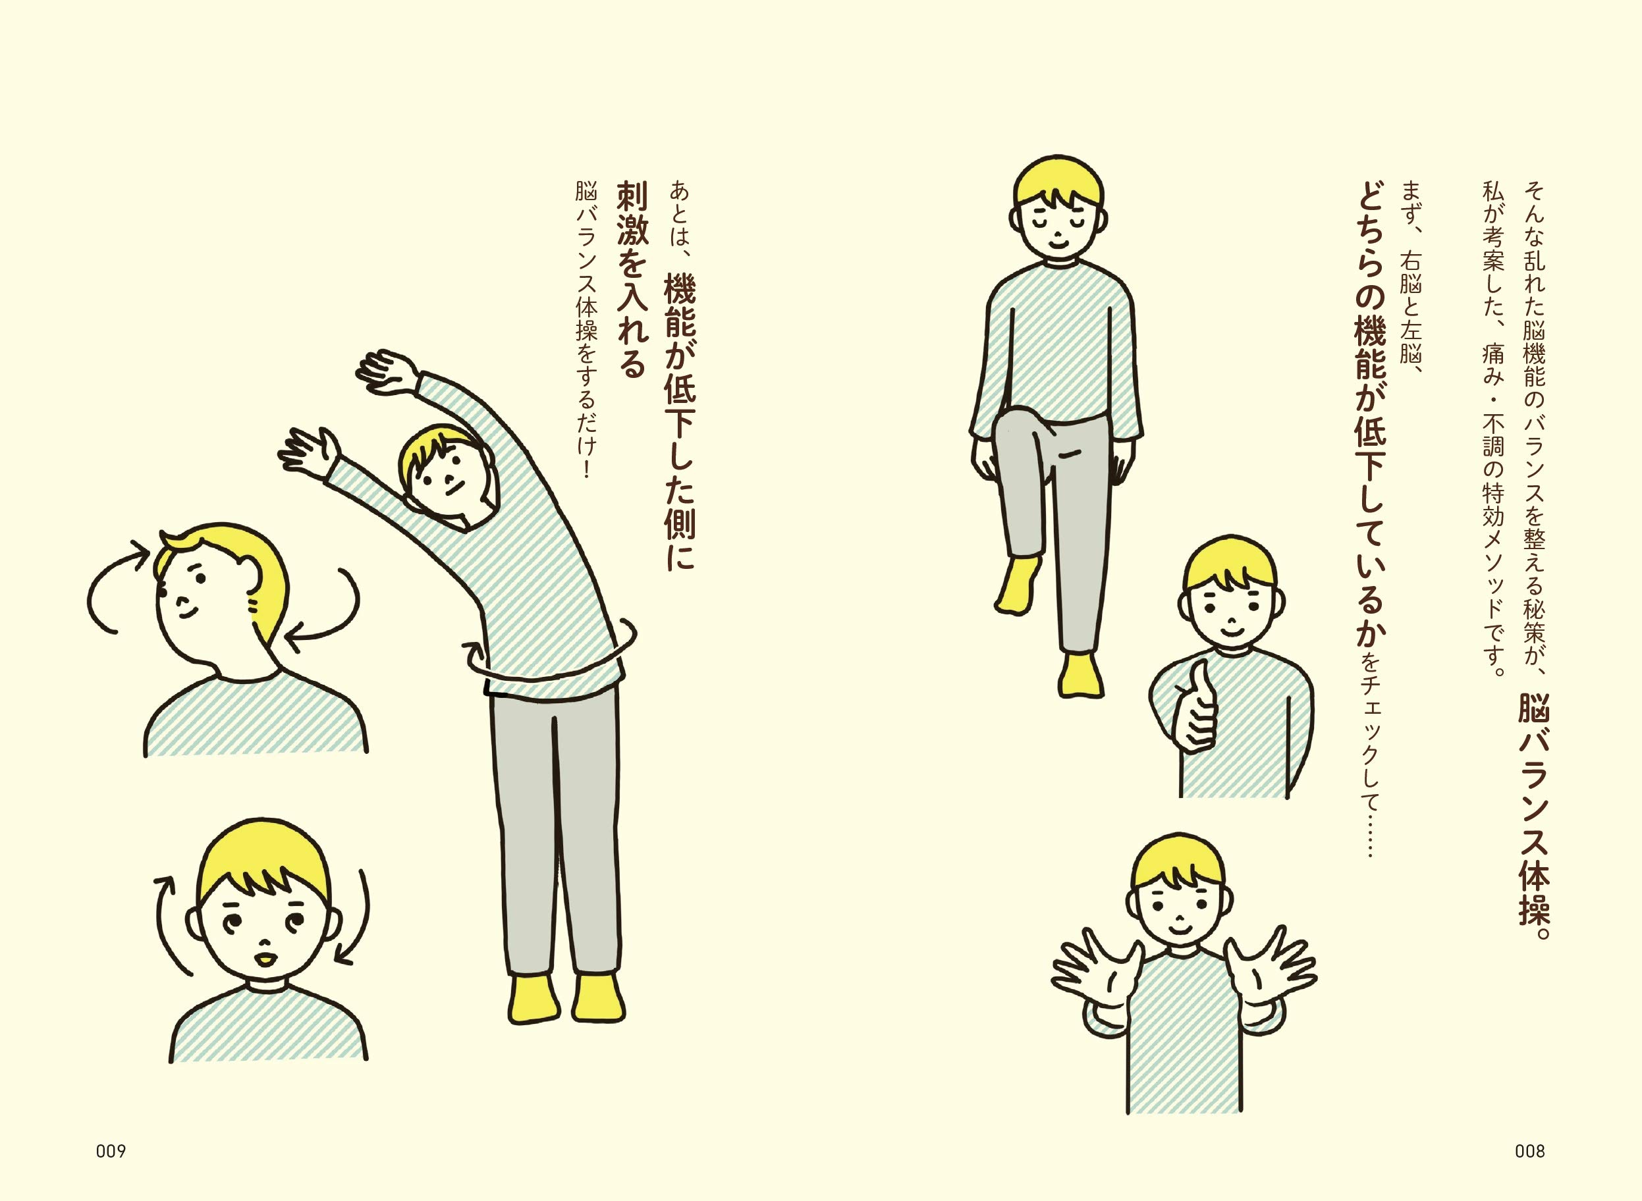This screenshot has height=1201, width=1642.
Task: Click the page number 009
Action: tap(111, 1152)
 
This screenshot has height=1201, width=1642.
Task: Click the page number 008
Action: tap(1530, 1152)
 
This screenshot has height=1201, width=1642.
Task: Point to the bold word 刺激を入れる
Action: tap(631, 279)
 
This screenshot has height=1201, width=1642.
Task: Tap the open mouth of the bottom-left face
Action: tap(265, 959)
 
